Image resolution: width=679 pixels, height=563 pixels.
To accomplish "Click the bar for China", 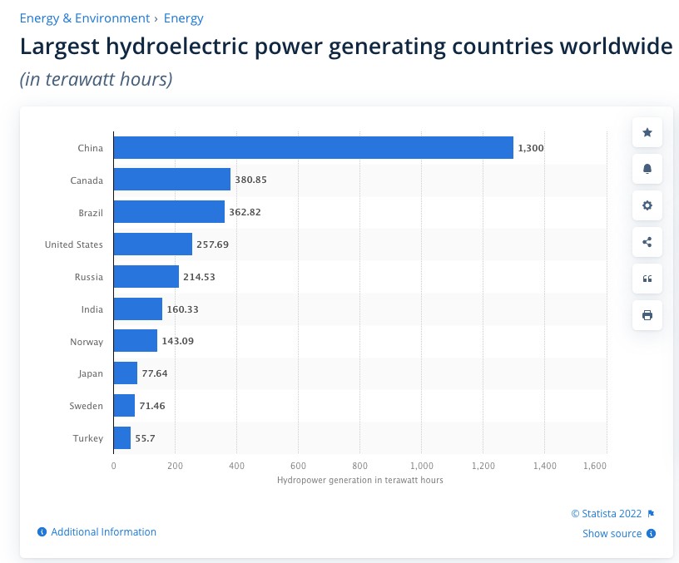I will coord(313,148).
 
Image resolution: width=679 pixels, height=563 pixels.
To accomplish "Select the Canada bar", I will coord(171,180).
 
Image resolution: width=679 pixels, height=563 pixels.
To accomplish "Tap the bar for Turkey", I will coord(121,438).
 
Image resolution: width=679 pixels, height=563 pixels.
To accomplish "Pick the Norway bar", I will coord(135,341).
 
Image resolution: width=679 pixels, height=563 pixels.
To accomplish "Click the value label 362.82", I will coord(245,212).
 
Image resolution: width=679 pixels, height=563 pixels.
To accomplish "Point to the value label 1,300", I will coord(531,148).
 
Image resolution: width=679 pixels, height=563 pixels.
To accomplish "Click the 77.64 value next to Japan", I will coord(155,373).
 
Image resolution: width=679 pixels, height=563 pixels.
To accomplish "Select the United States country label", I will coord(74,244).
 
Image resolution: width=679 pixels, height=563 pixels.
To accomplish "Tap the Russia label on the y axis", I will coord(88,277).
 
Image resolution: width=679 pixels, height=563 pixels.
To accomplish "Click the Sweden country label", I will coord(87,406).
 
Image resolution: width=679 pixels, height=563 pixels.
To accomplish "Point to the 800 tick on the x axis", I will coord(360,466).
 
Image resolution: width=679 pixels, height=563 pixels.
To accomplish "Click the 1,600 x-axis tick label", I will coord(595,466).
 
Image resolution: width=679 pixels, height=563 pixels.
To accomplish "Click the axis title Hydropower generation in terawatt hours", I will coord(359,481).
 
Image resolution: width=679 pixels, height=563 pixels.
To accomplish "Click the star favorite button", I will coord(647,132).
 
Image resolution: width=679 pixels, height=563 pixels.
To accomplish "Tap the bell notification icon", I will coord(647,169).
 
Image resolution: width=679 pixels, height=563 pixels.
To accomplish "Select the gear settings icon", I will coord(647,205).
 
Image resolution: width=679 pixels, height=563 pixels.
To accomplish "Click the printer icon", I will coord(647,315).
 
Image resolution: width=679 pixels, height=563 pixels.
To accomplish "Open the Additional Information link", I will coord(103,532).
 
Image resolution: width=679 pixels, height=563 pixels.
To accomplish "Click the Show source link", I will coord(612,534).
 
